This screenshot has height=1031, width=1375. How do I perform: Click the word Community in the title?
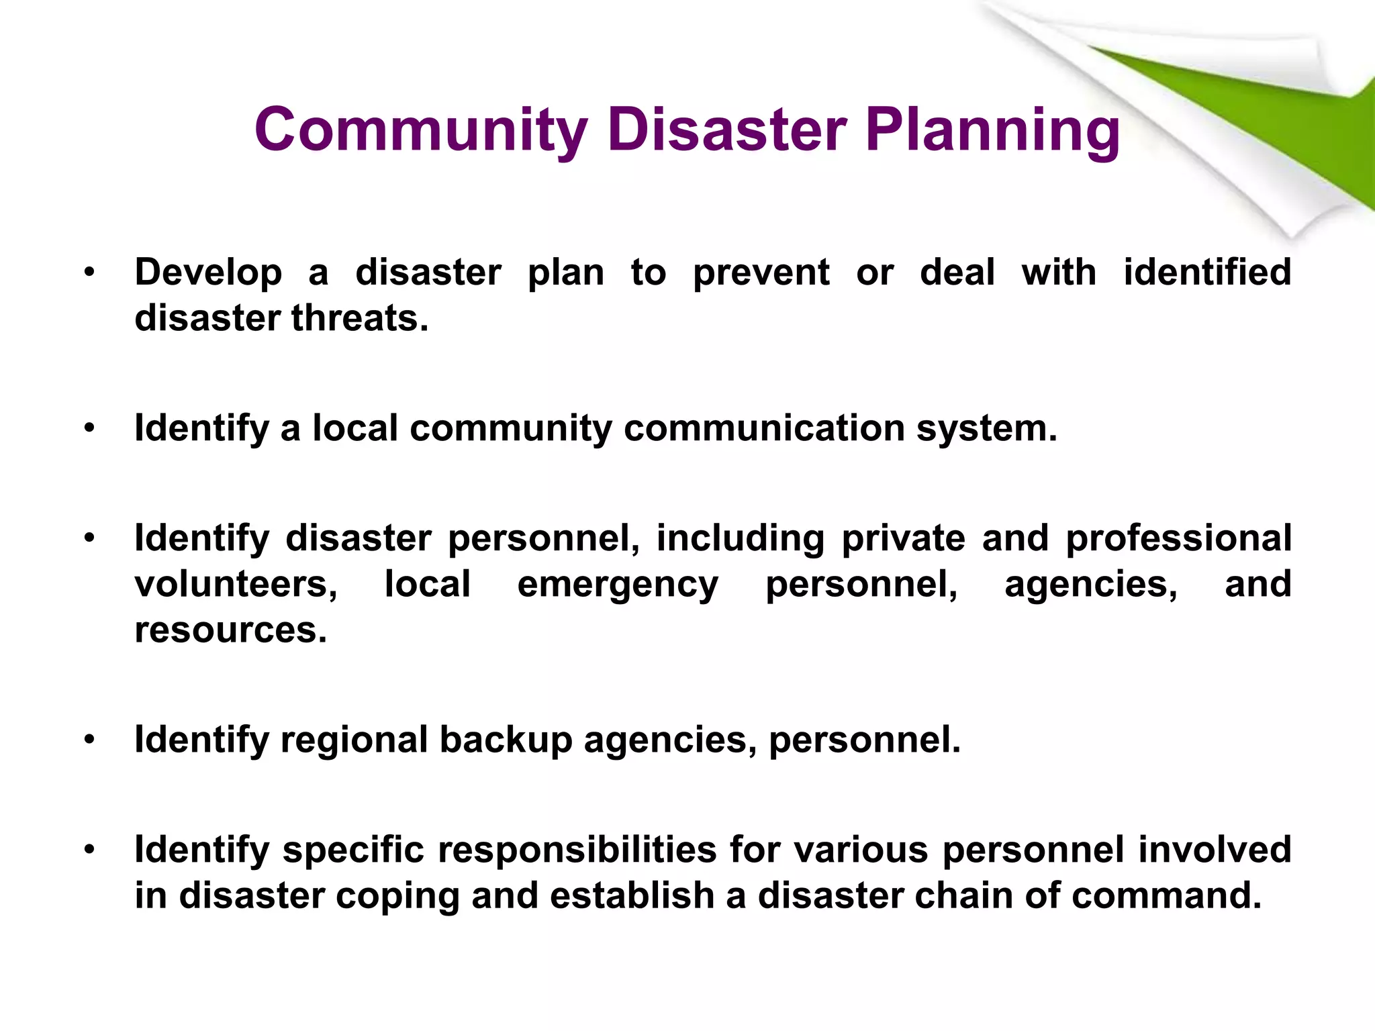tap(421, 130)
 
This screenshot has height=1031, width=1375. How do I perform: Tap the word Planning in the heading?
tap(992, 130)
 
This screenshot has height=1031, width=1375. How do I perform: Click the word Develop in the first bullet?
tap(208, 273)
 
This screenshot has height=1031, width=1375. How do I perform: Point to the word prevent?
tap(761, 273)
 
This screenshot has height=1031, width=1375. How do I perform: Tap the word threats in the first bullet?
tap(359, 318)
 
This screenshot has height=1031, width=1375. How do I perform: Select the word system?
tap(986, 428)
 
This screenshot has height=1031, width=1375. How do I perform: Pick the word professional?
tap(1178, 538)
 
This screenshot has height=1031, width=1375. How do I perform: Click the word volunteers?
tap(236, 584)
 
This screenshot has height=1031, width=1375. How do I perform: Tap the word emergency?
tap(618, 584)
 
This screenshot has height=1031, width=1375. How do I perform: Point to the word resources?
tap(230, 630)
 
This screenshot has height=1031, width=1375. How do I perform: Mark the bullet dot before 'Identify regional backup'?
tap(90, 740)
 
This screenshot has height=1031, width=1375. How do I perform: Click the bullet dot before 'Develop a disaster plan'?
tap(90, 273)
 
